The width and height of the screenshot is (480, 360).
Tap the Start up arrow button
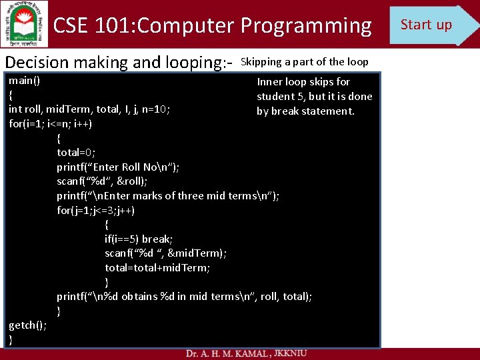click(x=430, y=25)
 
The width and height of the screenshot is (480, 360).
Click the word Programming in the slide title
click(x=306, y=26)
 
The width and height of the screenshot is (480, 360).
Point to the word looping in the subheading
click(x=181, y=63)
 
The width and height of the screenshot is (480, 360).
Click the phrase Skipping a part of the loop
click(x=304, y=62)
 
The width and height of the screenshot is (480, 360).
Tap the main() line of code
click(x=24, y=81)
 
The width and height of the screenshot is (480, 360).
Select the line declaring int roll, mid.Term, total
click(x=89, y=110)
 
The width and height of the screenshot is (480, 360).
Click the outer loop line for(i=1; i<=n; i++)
click(x=51, y=124)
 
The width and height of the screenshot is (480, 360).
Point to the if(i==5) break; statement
click(x=139, y=239)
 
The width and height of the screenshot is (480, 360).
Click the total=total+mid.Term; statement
click(x=157, y=267)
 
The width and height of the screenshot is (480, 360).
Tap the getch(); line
click(x=27, y=325)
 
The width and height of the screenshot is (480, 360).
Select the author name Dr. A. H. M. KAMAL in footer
click(x=223, y=353)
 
